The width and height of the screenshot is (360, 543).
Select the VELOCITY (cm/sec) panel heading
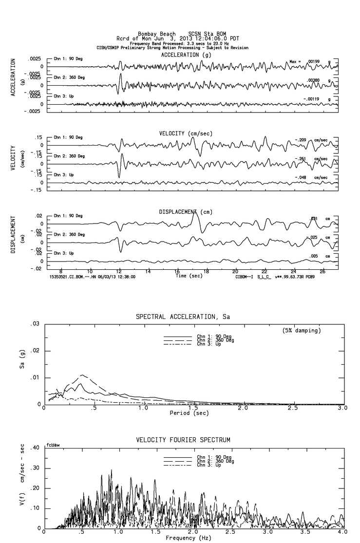pyautogui.click(x=186, y=133)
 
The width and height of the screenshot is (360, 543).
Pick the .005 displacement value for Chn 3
pyautogui.click(x=313, y=256)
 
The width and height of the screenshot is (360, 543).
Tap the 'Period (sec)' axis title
pyautogui.click(x=187, y=413)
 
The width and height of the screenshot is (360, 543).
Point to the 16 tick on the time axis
pyautogui.click(x=177, y=271)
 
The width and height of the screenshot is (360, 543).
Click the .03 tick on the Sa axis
pyautogui.click(x=35, y=324)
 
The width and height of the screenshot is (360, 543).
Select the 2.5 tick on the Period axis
pyautogui.click(x=293, y=409)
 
